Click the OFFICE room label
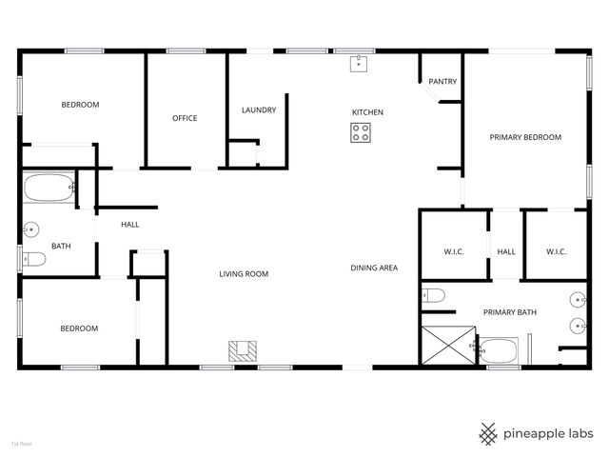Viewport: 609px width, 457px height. pos(185,118)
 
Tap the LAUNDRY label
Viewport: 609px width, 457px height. pos(259,110)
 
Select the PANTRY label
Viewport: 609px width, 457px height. pos(442,82)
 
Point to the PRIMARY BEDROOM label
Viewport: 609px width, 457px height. pos(525,137)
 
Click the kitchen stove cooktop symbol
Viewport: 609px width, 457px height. pos(361,134)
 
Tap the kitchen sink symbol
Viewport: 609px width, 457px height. pos(360,64)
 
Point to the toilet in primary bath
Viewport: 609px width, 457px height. pos(434,296)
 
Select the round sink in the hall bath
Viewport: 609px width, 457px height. pos(31,228)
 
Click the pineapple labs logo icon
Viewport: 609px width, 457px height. pos(488,433)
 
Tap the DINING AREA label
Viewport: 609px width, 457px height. pos(374,268)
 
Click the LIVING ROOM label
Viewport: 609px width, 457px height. pos(244,274)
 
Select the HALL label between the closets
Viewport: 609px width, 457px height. pos(506,251)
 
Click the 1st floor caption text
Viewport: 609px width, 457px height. pos(22,444)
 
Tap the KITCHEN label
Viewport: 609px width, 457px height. pos(367,112)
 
